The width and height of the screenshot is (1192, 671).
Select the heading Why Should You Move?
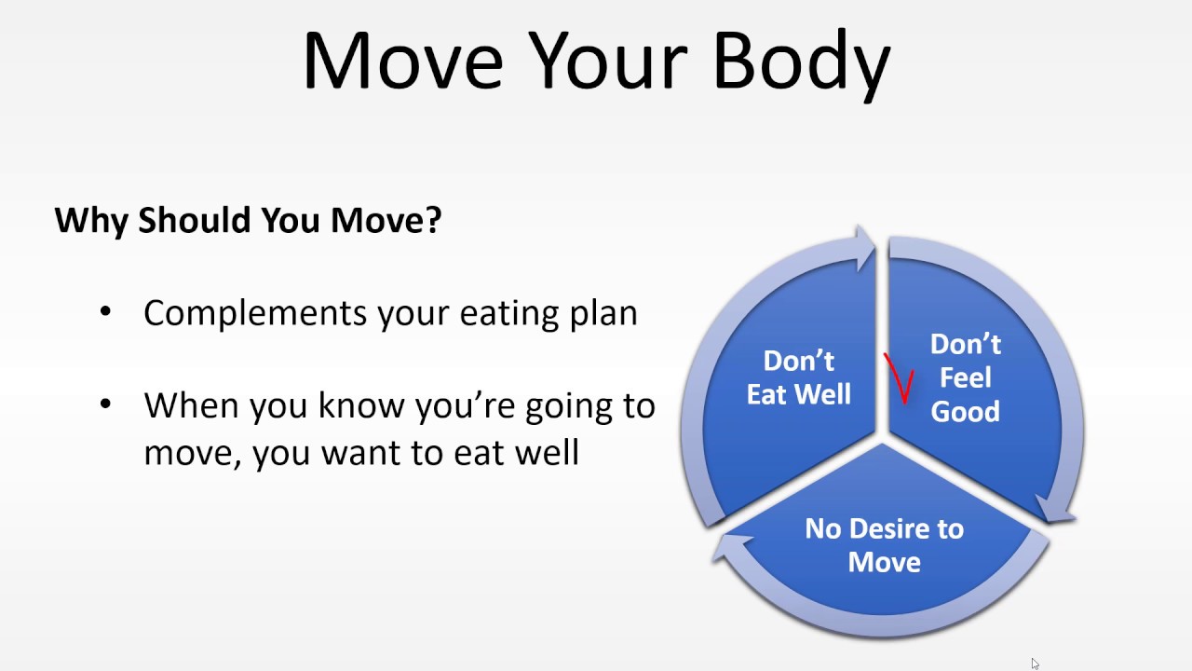248,221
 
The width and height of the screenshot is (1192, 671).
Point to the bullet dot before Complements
105,312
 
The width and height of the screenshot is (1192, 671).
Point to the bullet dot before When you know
105,404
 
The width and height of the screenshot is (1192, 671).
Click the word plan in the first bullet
603,313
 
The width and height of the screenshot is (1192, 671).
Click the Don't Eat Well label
798,377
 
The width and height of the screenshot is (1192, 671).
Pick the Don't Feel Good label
965,377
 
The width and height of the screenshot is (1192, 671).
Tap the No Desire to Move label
884,545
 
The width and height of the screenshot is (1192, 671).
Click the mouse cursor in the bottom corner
1035,664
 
